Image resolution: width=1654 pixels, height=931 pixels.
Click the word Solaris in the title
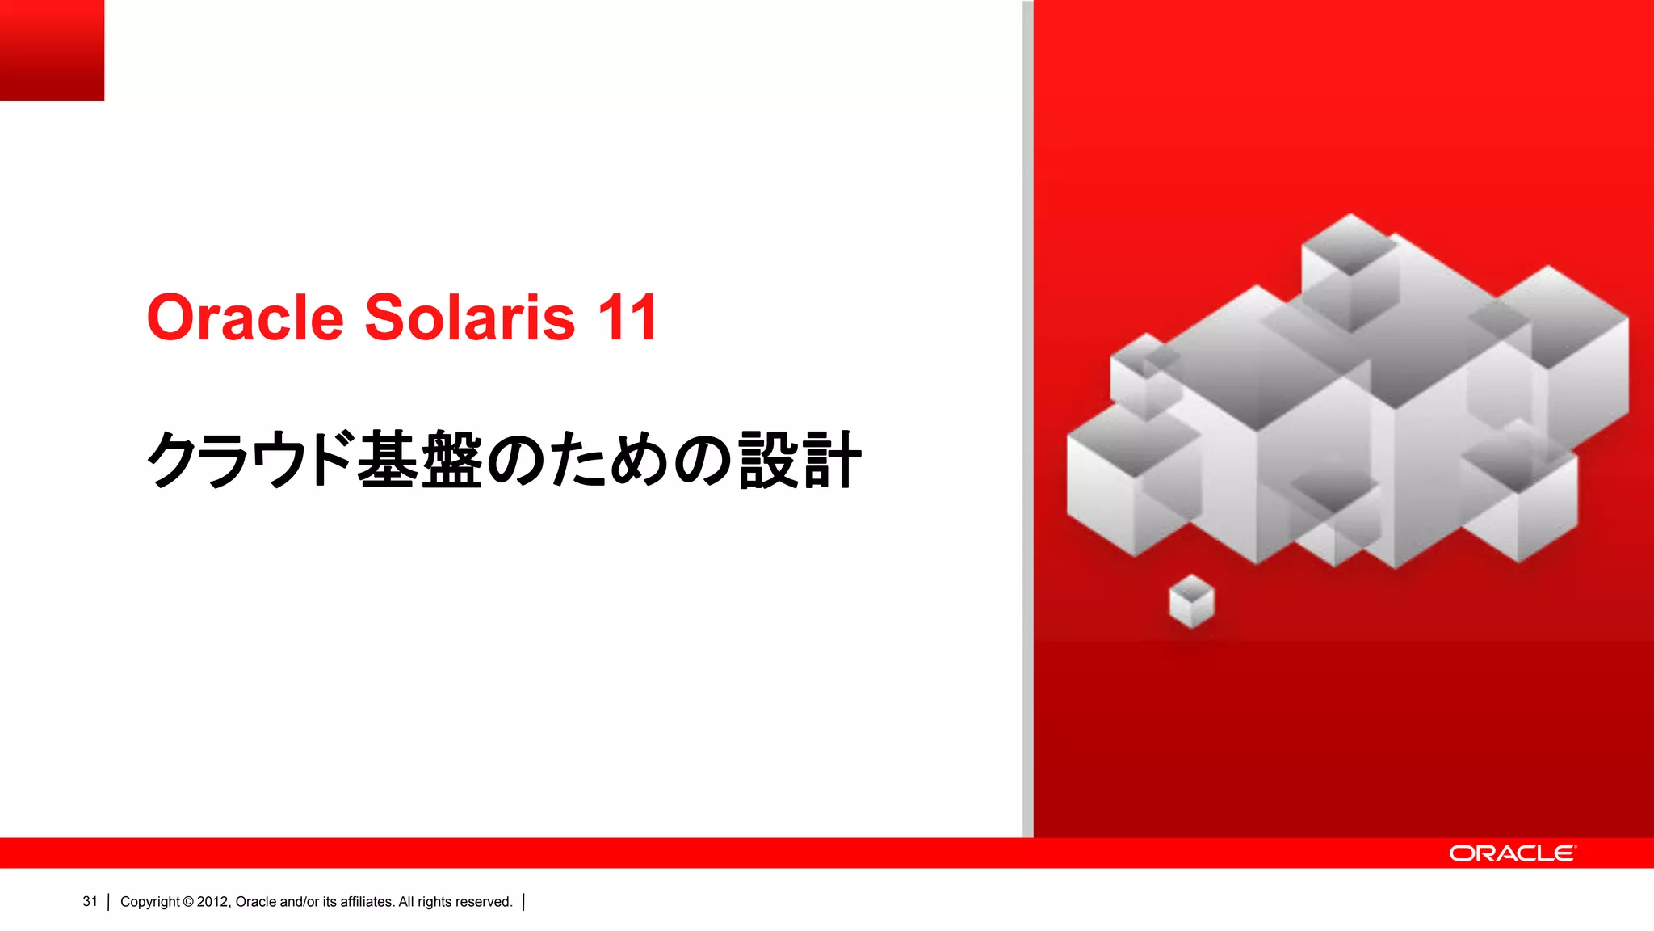(x=470, y=318)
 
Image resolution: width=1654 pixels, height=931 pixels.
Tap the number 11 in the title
(x=627, y=318)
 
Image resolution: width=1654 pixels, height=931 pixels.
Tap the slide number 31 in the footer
(x=90, y=901)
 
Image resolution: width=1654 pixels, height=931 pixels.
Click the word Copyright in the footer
(x=150, y=902)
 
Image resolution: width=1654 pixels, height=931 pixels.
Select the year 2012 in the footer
(x=213, y=902)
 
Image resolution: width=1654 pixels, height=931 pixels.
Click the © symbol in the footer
(x=188, y=902)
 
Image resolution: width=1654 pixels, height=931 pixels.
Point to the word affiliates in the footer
(x=367, y=902)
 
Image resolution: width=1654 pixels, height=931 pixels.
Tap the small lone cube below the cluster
(x=1191, y=600)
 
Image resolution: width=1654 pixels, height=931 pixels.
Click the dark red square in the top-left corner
(x=52, y=50)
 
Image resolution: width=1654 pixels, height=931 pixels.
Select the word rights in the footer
(x=434, y=902)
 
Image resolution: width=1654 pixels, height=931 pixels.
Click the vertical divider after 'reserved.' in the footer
(x=524, y=902)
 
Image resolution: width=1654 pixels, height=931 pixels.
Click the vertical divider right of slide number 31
(x=108, y=902)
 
